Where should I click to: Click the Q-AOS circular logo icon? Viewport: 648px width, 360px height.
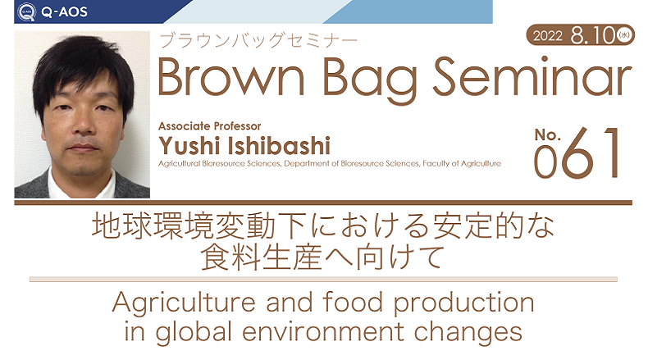(x=27, y=12)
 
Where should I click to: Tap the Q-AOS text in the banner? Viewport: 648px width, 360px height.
(x=64, y=12)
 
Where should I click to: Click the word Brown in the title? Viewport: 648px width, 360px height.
(x=231, y=77)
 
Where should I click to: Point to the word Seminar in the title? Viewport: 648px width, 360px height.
(x=532, y=76)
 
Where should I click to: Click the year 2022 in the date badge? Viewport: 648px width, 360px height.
(x=548, y=36)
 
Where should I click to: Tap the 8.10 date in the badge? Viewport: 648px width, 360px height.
(x=593, y=35)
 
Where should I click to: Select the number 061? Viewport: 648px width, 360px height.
(x=577, y=153)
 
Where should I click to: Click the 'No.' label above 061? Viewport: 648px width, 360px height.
(x=548, y=134)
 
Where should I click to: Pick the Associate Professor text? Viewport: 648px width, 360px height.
(x=209, y=126)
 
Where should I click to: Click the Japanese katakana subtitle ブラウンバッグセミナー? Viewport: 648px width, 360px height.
(x=258, y=40)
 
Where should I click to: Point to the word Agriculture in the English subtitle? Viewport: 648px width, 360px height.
(x=184, y=303)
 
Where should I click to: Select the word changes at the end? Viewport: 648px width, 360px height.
(x=468, y=333)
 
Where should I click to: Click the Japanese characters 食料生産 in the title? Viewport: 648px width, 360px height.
(x=261, y=257)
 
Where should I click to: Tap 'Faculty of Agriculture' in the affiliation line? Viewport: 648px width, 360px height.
(x=462, y=164)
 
